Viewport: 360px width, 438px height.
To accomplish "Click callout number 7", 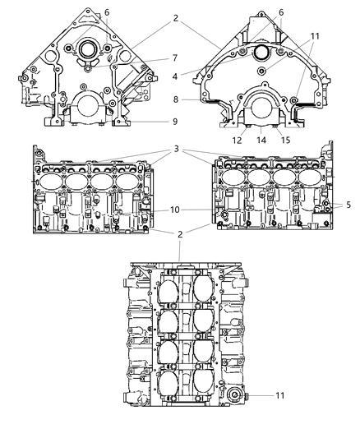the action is [x=175, y=58].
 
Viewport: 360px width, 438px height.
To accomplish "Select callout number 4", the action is [x=175, y=76].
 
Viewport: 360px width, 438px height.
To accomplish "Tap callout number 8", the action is [x=176, y=99].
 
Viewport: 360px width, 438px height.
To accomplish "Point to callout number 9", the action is [x=175, y=122].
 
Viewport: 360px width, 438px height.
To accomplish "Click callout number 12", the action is [x=237, y=141].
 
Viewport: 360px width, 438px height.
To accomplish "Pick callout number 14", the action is [x=261, y=141].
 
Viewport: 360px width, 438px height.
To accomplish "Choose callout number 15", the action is [x=285, y=141].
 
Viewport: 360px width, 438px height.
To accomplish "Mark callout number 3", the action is [x=176, y=149].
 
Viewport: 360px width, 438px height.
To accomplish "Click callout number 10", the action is [x=175, y=210].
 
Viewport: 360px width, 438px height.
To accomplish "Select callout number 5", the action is [x=348, y=205].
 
